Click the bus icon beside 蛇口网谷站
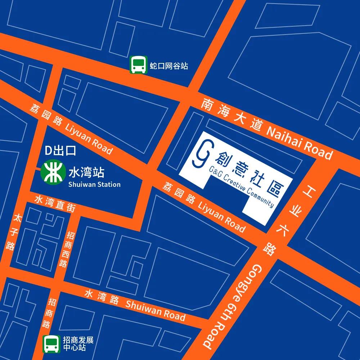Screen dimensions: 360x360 coord(138,65)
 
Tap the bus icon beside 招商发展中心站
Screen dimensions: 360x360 coord(51,344)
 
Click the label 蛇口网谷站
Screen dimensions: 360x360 coord(169,66)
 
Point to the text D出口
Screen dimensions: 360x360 coord(60,151)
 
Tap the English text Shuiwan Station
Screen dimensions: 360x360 coord(94,184)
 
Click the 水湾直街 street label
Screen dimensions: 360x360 coord(55,203)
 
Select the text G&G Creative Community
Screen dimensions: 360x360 coord(241,186)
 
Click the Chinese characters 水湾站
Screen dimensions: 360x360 coord(86,173)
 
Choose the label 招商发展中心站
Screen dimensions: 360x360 coord(78,344)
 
